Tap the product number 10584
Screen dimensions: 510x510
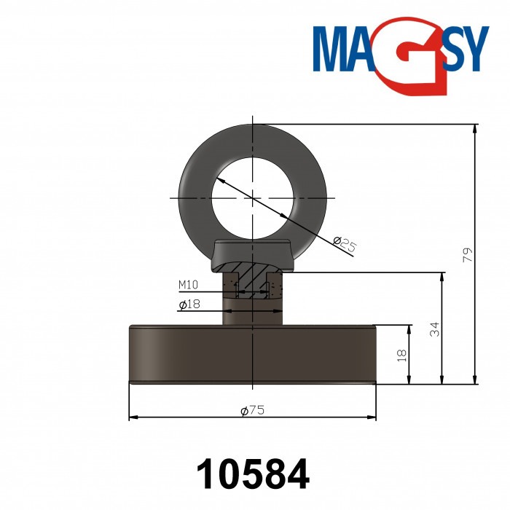point(253,474)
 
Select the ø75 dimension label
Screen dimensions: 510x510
point(252,411)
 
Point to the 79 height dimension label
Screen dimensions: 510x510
point(468,254)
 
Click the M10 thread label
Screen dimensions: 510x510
point(189,284)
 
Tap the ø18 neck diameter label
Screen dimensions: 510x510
point(189,304)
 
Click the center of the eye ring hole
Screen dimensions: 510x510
point(252,197)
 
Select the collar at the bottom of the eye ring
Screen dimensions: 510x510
point(252,253)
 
